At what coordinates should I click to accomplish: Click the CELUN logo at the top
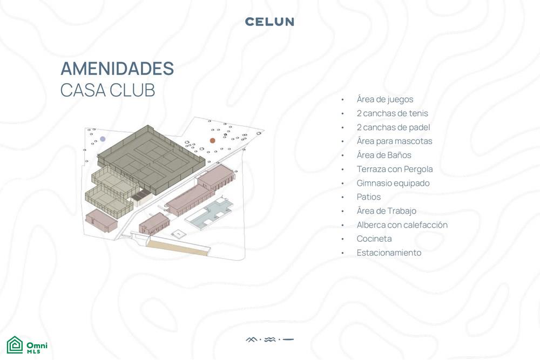tap(269, 22)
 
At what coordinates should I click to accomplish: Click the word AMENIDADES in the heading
tap(117, 69)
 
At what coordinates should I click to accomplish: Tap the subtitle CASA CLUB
tap(108, 90)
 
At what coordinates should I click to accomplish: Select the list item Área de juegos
tap(384, 99)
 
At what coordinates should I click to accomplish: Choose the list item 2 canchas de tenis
tap(392, 113)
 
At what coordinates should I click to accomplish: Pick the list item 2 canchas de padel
tap(393, 127)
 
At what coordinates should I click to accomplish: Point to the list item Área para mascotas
tap(394, 141)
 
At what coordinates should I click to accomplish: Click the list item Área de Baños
tap(384, 155)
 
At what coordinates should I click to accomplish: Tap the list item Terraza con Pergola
tap(395, 169)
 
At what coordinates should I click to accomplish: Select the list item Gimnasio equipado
tap(393, 183)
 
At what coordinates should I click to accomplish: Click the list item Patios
tap(368, 197)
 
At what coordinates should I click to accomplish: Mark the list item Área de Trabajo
tap(387, 211)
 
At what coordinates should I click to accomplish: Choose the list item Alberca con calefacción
tap(402, 225)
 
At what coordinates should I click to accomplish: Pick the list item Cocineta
tap(374, 239)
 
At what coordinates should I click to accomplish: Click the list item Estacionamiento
tap(389, 253)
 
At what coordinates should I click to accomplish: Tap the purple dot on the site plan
tap(103, 139)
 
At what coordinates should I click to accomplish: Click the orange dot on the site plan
tap(212, 140)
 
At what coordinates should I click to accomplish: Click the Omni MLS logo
tap(27, 345)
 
